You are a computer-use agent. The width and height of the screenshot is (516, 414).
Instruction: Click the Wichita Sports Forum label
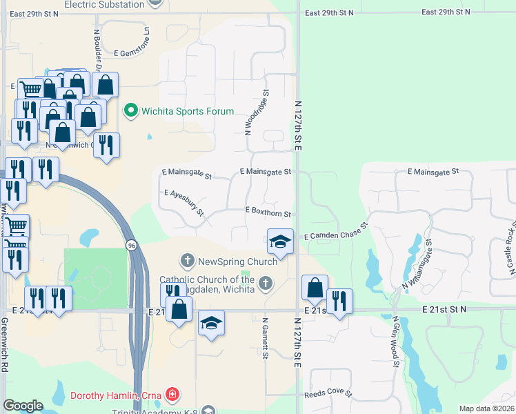[x=188, y=111]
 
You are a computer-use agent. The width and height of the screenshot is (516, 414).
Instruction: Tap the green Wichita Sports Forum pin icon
[x=130, y=110]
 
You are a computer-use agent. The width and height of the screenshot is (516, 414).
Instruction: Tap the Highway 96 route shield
[x=130, y=245]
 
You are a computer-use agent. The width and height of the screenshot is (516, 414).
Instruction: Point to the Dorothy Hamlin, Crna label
[x=116, y=395]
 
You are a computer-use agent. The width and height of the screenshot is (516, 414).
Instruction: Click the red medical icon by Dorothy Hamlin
[x=172, y=395]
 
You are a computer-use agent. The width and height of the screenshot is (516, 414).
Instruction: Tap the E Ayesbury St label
[x=184, y=202]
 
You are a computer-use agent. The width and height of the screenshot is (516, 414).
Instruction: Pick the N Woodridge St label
[x=256, y=111]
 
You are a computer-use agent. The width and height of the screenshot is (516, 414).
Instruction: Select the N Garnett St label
[x=265, y=338]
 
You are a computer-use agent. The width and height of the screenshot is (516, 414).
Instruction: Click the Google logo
[x=23, y=406]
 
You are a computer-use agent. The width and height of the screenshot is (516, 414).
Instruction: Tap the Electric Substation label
[x=105, y=4]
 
